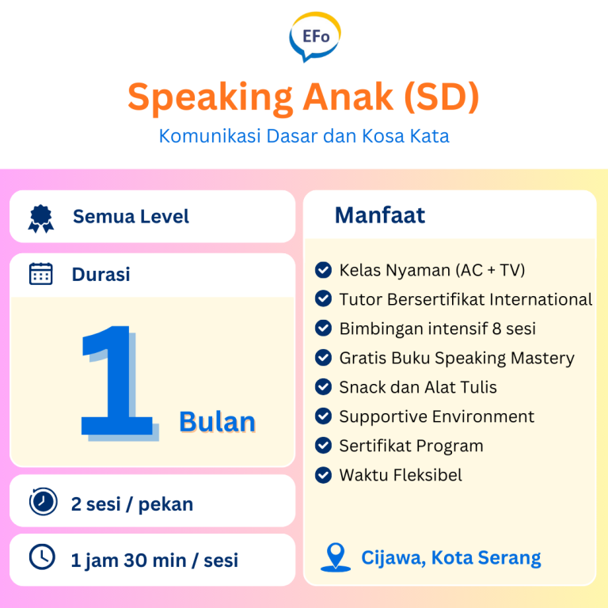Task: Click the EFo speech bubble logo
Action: pyautogui.click(x=315, y=36)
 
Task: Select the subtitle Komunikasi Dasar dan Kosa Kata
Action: pyautogui.click(x=304, y=136)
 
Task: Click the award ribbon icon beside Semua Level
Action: pyautogui.click(x=40, y=218)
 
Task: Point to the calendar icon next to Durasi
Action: pyautogui.click(x=40, y=274)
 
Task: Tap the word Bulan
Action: pyautogui.click(x=217, y=421)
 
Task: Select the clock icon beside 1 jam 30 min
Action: pyautogui.click(x=42, y=557)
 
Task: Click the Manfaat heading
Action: pyautogui.click(x=380, y=215)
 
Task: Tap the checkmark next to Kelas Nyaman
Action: pyautogui.click(x=323, y=270)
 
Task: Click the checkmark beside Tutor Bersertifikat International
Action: pyautogui.click(x=323, y=299)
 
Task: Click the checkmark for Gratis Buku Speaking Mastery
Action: pyautogui.click(x=323, y=358)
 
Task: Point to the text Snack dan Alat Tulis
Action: pyautogui.click(x=418, y=387)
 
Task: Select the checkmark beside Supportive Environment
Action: pyautogui.click(x=323, y=416)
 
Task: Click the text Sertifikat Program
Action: pyautogui.click(x=411, y=446)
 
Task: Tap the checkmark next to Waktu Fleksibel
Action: pyautogui.click(x=323, y=475)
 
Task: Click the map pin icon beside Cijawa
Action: pyautogui.click(x=336, y=557)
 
